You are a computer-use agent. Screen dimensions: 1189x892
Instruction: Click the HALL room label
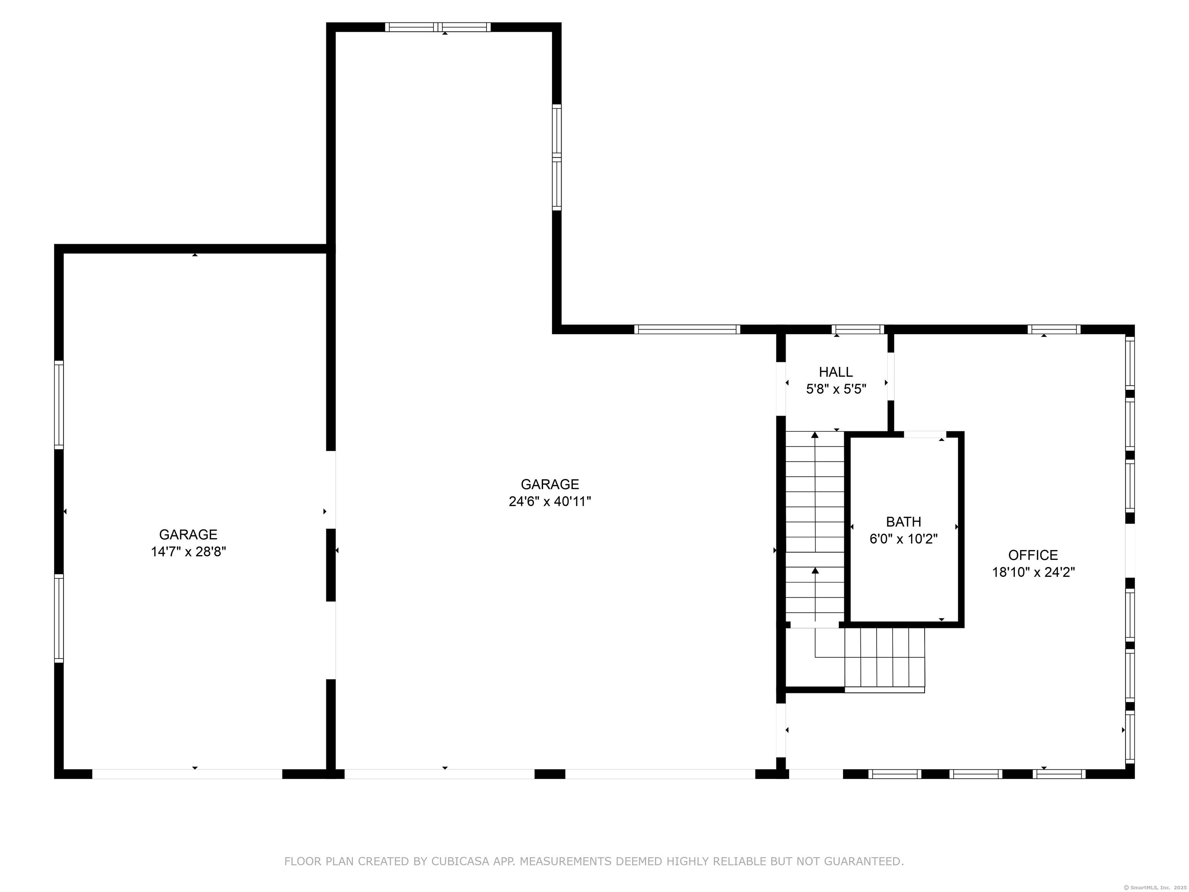[836, 372]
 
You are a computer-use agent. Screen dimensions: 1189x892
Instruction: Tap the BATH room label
[904, 521]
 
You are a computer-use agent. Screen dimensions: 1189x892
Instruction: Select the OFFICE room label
[1033, 555]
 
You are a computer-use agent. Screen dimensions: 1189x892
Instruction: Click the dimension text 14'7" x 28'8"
[188, 552]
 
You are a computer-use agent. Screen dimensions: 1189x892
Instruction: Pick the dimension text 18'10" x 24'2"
[1033, 572]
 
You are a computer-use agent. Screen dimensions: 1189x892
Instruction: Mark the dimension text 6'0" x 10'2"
[904, 539]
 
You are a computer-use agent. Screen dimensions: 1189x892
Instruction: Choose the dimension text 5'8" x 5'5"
[836, 389]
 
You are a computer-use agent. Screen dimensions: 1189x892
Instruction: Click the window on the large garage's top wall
[437, 27]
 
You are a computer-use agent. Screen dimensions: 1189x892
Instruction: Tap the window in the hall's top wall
[858, 329]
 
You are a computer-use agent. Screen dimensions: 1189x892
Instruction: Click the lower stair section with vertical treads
[884, 660]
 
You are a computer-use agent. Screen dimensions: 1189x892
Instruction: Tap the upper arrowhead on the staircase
[815, 434]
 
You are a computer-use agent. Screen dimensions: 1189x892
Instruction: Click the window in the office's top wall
[1054, 329]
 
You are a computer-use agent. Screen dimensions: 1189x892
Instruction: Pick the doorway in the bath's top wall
[925, 434]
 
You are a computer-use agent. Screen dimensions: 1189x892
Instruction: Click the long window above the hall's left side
[687, 329]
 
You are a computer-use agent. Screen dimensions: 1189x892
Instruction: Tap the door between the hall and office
[891, 376]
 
